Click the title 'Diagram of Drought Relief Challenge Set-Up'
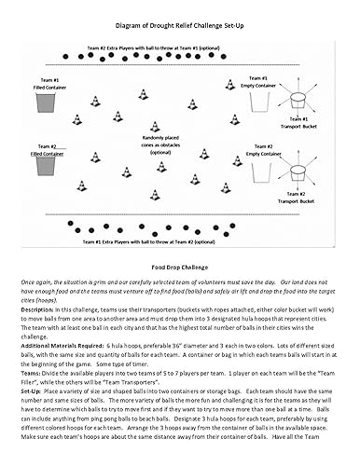coord(179,28)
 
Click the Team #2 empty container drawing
coord(262,170)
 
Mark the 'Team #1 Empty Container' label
coord(259,81)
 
